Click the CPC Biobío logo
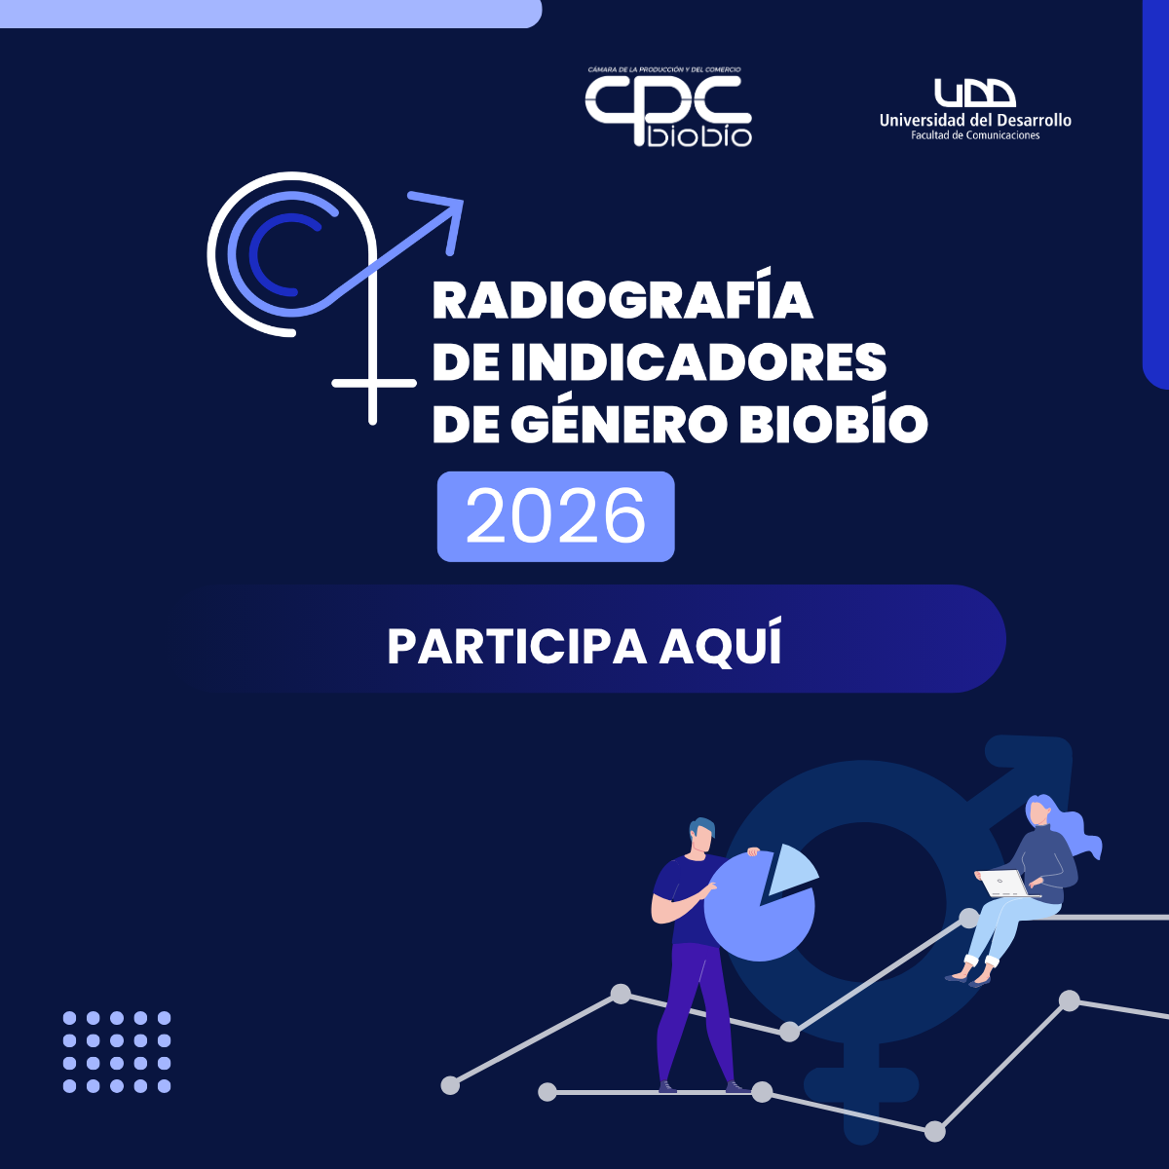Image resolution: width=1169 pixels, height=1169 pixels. click(x=668, y=107)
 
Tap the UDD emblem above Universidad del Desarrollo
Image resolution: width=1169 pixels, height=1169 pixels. click(x=975, y=93)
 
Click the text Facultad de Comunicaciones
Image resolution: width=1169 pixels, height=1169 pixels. click(x=975, y=135)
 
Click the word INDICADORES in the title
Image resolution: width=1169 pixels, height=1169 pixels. click(x=698, y=361)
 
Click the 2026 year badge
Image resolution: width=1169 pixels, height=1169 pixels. click(x=555, y=516)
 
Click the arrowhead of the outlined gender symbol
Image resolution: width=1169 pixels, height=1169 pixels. click(x=442, y=218)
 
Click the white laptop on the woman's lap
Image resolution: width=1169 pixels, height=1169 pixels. click(x=1007, y=884)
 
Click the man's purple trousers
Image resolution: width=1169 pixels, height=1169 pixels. click(x=696, y=1013)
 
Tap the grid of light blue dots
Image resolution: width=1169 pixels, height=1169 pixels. click(x=117, y=1052)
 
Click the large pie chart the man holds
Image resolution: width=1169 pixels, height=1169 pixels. click(x=759, y=908)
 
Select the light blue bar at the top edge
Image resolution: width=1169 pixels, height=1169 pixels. click(x=271, y=14)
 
